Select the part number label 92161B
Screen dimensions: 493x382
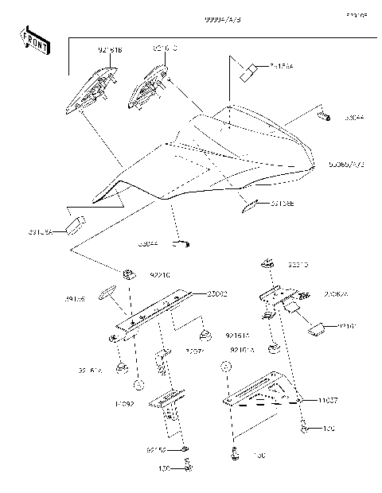click(x=110, y=50)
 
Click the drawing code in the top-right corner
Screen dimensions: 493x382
click(x=356, y=14)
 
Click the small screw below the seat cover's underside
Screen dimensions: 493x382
click(x=182, y=243)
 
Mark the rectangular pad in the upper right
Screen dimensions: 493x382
click(x=248, y=72)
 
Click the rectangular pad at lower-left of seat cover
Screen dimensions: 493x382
click(x=77, y=222)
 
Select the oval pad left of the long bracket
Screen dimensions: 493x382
click(x=107, y=292)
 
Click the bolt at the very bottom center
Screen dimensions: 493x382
click(x=188, y=468)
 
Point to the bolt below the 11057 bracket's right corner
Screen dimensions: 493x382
click(x=305, y=430)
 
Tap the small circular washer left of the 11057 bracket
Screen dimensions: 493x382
click(x=225, y=368)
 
